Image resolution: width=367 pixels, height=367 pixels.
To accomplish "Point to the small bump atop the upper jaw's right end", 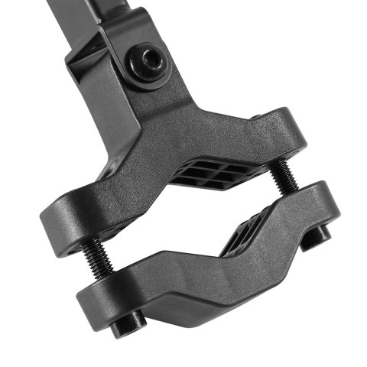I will point(259,115).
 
